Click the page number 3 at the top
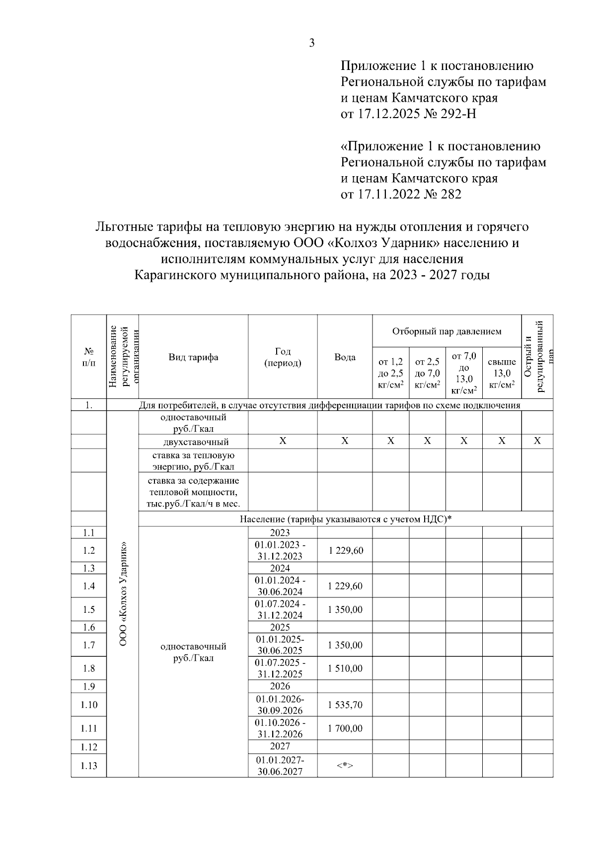click(312, 43)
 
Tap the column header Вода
click(345, 357)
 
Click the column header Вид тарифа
click(193, 357)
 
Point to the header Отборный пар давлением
click(447, 331)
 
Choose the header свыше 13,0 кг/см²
click(502, 373)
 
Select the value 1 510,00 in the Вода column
click(345, 668)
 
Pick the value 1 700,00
click(345, 728)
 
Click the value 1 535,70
click(345, 705)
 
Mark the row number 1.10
click(89, 705)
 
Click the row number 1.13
click(89, 766)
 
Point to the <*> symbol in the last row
click(345, 766)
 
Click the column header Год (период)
click(282, 357)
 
